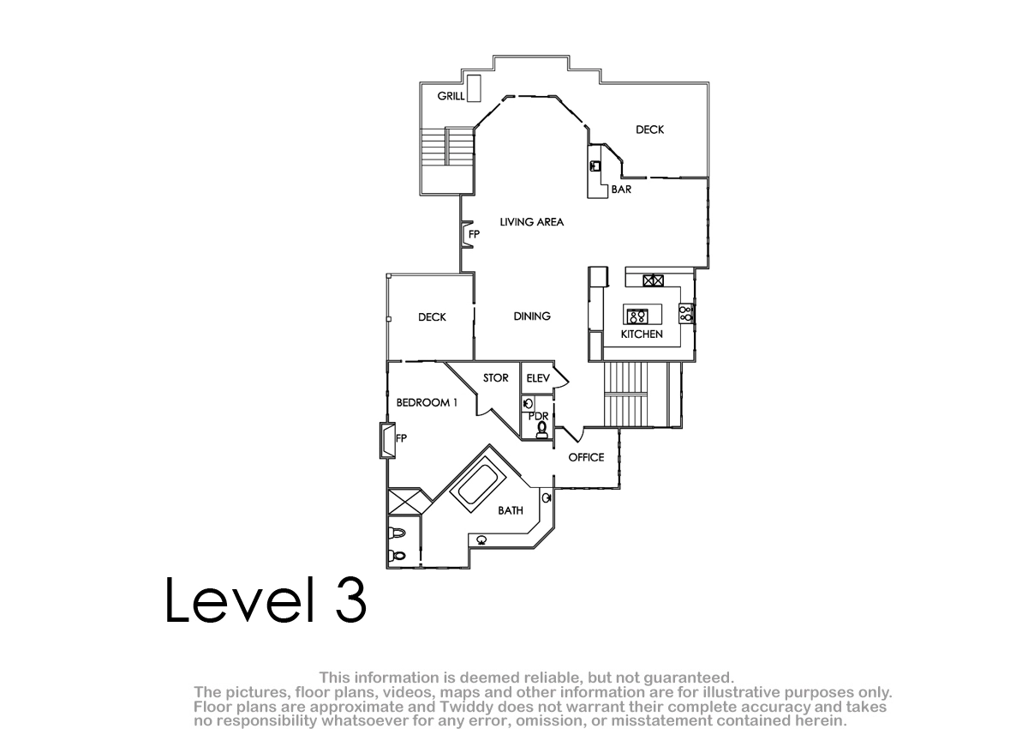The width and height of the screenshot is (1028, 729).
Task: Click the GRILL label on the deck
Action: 451,96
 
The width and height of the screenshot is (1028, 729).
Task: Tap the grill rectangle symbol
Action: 474,88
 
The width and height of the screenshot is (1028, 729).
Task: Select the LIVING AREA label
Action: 531,222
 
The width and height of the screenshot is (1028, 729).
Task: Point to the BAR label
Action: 621,190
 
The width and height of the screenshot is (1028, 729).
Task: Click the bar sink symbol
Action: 595,166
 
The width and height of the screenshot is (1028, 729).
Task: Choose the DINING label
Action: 532,316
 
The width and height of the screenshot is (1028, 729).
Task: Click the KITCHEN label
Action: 642,334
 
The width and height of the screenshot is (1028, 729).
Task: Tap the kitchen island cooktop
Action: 637,316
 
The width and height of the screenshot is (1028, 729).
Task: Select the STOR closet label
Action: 496,377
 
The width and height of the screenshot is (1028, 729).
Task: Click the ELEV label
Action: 538,378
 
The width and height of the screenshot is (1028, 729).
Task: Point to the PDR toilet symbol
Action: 542,429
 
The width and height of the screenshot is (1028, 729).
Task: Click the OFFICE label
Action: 586,457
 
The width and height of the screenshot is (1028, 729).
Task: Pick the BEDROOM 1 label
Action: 427,402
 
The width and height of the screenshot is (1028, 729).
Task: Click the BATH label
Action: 511,510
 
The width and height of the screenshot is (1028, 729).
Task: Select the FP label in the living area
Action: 474,234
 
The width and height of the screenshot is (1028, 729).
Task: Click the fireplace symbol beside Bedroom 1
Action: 387,441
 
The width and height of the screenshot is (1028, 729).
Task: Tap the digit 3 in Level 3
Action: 350,599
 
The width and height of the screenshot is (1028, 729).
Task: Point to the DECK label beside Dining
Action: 432,317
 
